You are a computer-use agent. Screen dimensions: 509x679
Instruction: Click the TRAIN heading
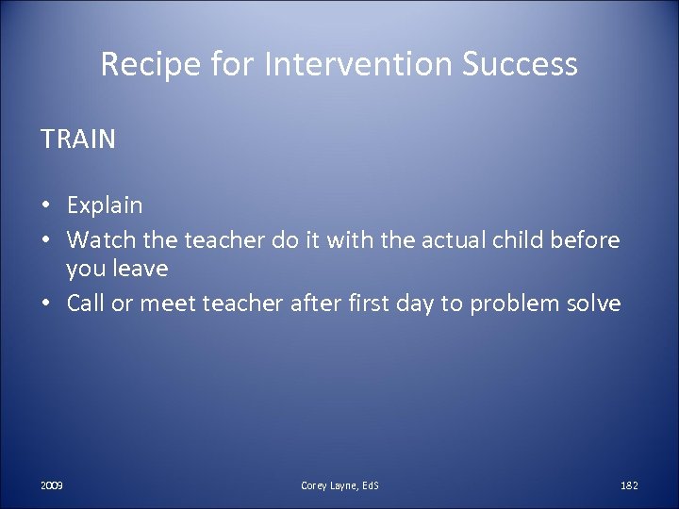click(78, 140)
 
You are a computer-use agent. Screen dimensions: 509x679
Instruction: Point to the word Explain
click(104, 205)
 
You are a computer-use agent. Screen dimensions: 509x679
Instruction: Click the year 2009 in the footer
click(53, 484)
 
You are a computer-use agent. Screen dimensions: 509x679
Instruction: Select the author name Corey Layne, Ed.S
click(339, 484)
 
